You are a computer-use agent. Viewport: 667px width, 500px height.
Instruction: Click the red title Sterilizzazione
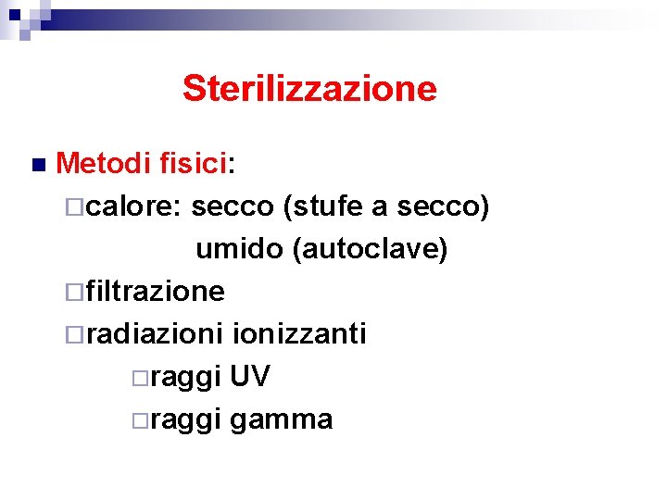click(x=309, y=89)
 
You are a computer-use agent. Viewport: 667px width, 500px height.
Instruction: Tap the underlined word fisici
click(x=193, y=165)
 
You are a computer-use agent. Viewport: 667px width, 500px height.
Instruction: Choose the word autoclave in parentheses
click(x=370, y=249)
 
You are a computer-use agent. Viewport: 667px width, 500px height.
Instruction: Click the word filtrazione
click(x=155, y=292)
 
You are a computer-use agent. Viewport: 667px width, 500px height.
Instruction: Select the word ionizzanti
click(x=300, y=333)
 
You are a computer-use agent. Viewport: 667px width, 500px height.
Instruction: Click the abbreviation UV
click(x=250, y=377)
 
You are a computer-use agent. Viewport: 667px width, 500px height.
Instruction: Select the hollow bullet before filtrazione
click(x=76, y=294)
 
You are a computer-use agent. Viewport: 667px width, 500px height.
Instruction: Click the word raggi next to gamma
click(x=184, y=420)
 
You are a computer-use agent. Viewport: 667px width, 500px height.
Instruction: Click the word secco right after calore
click(x=233, y=207)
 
